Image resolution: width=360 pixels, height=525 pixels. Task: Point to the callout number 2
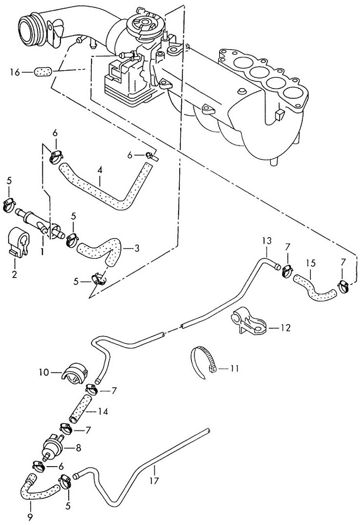(x=14, y=275)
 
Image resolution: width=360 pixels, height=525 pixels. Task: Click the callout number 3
(x=136, y=248)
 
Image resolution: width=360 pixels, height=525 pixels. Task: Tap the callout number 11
(x=235, y=368)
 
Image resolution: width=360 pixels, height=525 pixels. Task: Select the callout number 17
(x=155, y=481)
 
